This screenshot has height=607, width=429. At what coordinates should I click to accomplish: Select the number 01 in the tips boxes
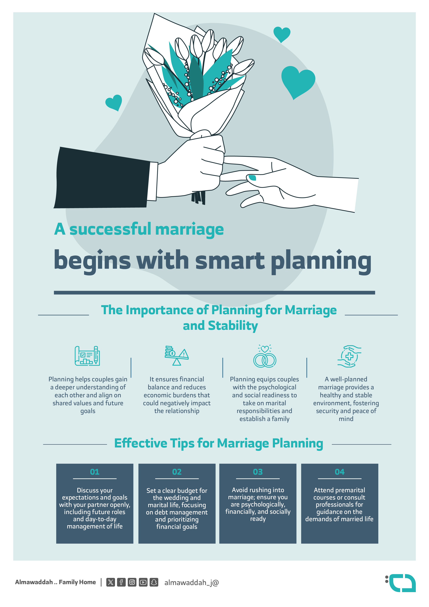95,472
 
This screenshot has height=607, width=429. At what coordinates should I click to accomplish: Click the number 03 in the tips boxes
258,472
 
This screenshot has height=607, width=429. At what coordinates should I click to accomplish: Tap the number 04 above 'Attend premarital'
340,472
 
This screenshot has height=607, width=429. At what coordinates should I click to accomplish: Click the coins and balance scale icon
177,356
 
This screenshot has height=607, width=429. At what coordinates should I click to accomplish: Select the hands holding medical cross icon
349,356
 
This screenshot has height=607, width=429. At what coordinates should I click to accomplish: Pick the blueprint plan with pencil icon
87,356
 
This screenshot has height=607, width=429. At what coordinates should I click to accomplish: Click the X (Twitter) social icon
111,582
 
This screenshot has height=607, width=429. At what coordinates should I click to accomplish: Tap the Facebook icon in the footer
121,582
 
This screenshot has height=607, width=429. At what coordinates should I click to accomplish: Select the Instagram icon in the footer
132,582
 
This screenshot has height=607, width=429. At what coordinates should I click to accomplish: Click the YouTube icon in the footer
143,582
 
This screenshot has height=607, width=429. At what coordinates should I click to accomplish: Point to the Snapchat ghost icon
154,582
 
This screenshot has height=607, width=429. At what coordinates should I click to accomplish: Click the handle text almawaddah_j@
191,582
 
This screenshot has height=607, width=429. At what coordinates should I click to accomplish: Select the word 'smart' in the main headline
230,260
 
